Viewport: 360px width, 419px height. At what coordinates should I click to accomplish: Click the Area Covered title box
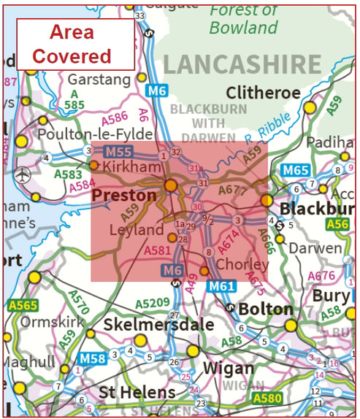click(75, 44)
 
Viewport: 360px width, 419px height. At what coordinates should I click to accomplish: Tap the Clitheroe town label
click(264, 93)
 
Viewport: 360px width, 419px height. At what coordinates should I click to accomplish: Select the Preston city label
click(124, 196)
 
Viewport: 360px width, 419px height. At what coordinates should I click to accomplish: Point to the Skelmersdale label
click(159, 323)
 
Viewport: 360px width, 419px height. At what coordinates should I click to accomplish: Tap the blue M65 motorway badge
click(296, 171)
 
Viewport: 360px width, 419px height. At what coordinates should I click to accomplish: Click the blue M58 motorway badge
click(93, 358)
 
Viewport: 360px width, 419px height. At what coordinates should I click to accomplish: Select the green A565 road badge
click(21, 305)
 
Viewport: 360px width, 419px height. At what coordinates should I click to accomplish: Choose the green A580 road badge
click(267, 399)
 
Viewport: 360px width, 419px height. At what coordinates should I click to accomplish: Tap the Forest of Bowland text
click(245, 19)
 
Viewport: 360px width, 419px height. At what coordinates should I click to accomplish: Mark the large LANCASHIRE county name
click(241, 64)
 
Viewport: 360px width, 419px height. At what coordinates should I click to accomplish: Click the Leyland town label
click(137, 229)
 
